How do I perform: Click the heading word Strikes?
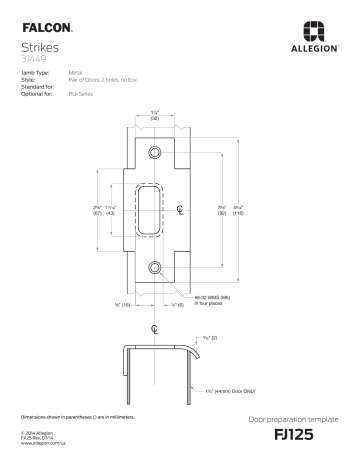click(x=38, y=47)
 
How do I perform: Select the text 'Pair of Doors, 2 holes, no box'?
click(x=100, y=81)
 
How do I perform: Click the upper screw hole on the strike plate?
click(x=155, y=151)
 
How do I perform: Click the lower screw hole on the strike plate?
click(x=155, y=267)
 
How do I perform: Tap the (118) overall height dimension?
click(x=239, y=214)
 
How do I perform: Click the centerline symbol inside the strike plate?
click(x=180, y=209)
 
